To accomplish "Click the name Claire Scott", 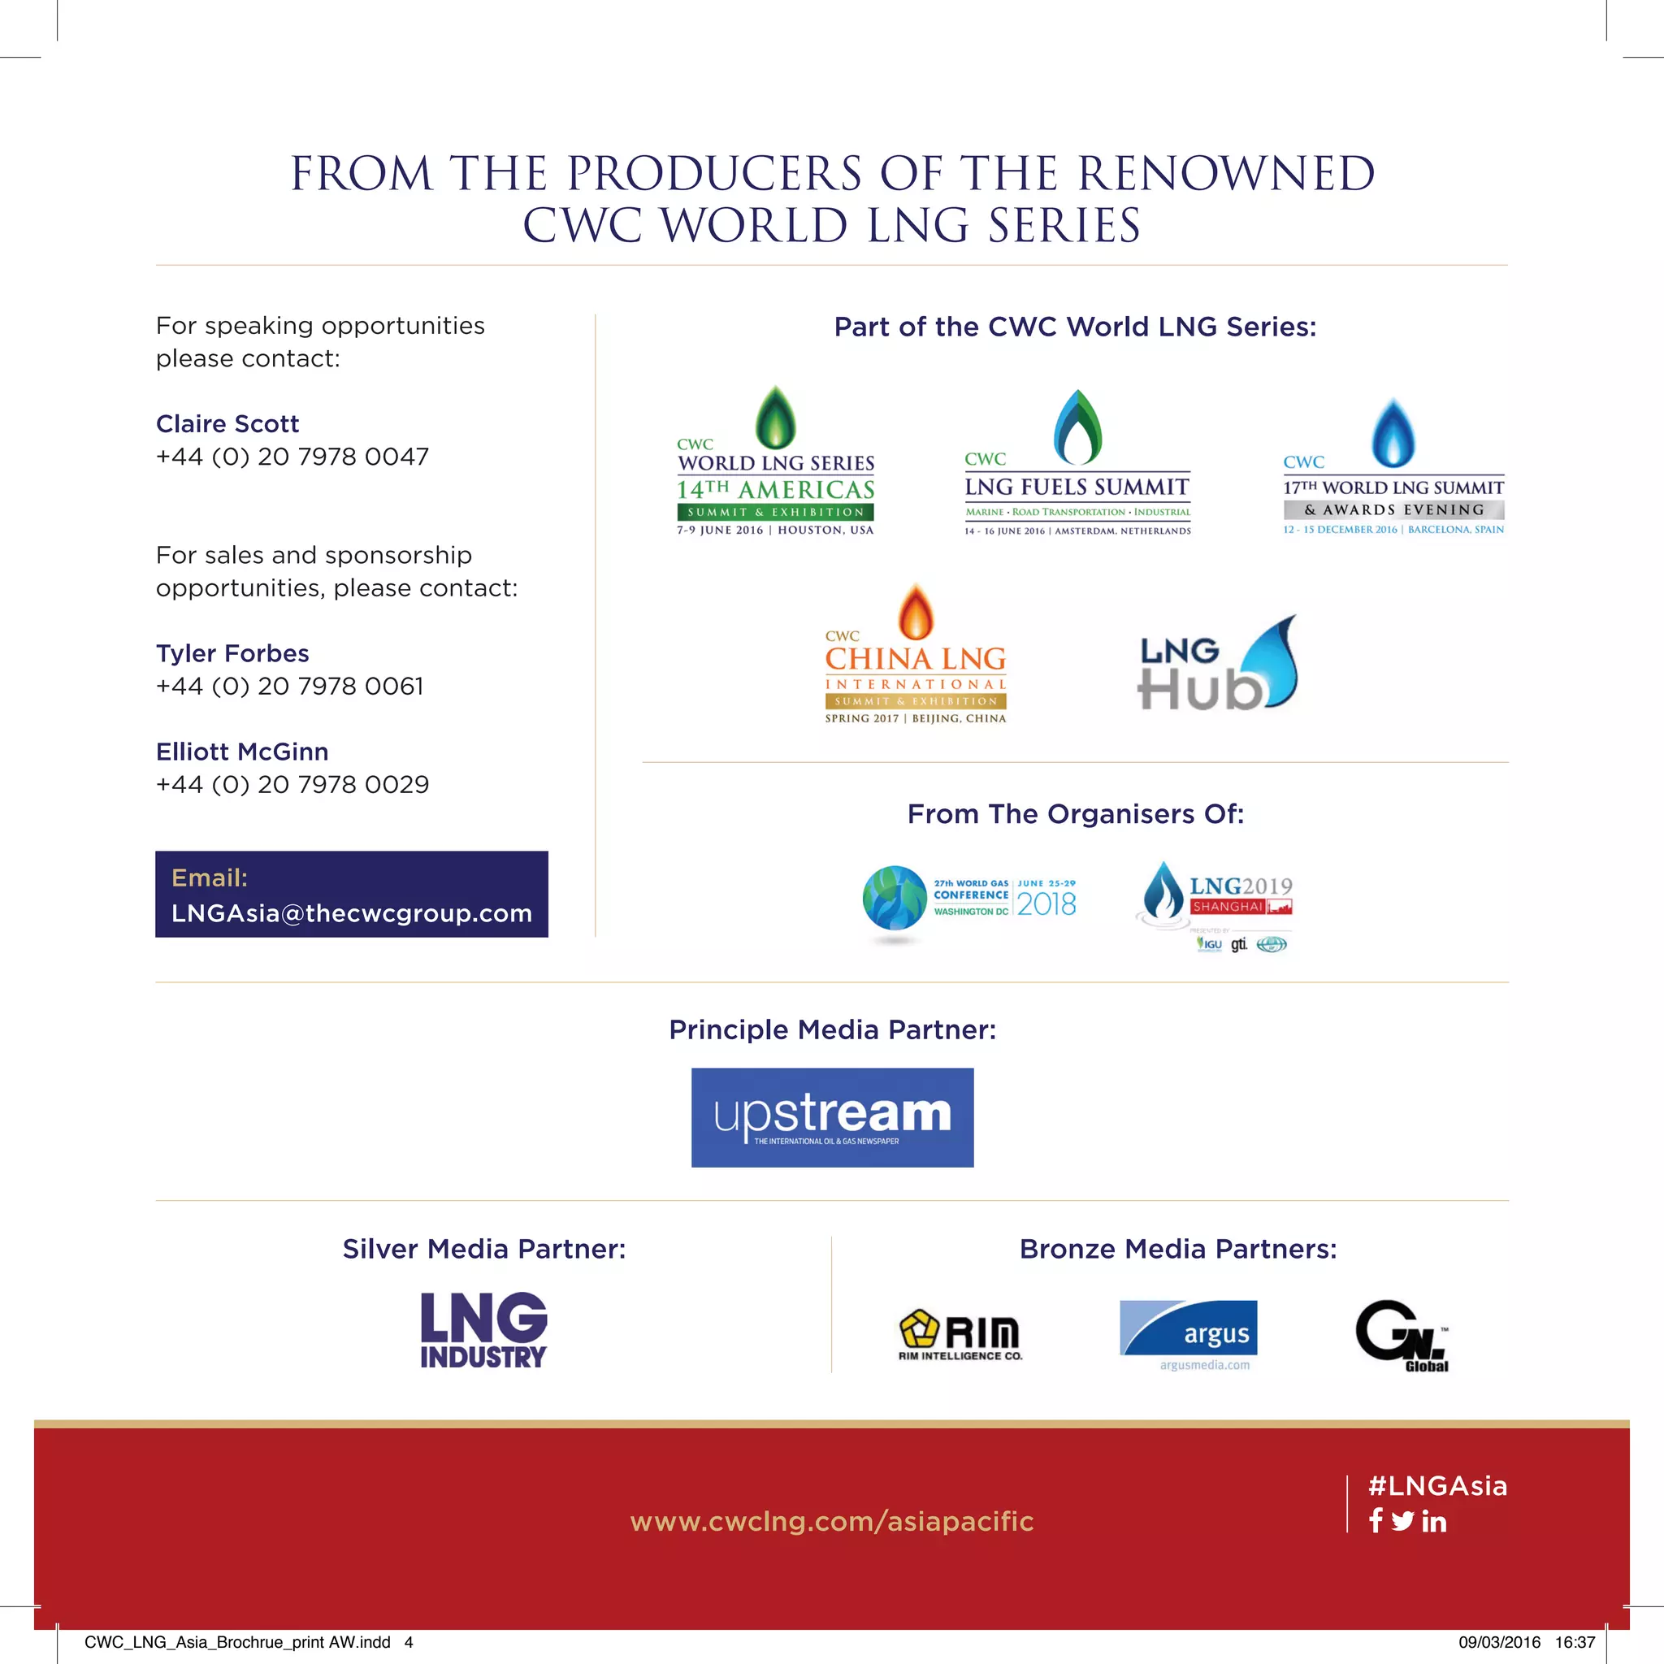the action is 227,424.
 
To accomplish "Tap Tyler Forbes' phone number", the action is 289,687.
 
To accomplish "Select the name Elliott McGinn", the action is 242,752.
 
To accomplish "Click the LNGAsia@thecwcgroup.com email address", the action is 351,913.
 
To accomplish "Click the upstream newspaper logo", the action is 832,1117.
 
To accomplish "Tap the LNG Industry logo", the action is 483,1330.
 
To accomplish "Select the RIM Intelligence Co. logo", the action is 960,1335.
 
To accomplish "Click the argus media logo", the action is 1189,1333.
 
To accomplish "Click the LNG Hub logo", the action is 1217,665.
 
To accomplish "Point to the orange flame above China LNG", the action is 916,612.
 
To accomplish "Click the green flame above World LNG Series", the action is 775,417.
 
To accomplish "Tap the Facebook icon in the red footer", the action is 1376,1521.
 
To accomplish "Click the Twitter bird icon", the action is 1402,1522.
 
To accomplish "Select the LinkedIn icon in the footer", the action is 1434,1522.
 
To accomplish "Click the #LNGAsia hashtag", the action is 1437,1486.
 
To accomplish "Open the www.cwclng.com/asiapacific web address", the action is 832,1521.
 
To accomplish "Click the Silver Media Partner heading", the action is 484,1249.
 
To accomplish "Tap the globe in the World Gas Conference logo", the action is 895,899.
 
